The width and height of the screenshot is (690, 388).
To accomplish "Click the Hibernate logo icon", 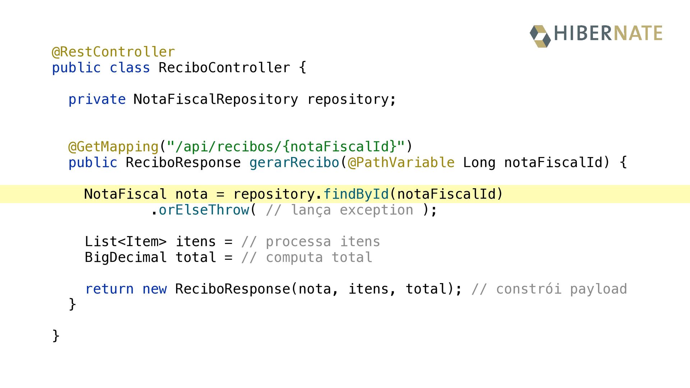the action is point(540,36).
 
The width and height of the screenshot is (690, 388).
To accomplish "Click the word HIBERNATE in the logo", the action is point(608,33).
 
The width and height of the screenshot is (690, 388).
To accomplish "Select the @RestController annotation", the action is point(113,52).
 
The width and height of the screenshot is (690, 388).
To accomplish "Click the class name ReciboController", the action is point(224,68).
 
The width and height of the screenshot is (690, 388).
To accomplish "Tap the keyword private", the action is point(97,100).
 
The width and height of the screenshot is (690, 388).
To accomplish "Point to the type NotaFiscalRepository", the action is point(216,100).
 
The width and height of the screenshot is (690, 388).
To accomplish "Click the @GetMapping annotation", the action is point(113,147).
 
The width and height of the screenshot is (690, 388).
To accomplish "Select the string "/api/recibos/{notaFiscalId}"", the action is point(286,147).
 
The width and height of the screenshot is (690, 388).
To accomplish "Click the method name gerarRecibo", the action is point(294,163).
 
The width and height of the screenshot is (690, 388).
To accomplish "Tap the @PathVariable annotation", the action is point(401,163).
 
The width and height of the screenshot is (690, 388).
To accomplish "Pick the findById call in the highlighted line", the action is point(356,194).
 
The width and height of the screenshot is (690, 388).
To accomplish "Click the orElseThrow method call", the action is point(204,210).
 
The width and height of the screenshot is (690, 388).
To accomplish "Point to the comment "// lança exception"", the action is point(340,210).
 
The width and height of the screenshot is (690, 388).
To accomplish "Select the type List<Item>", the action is point(126,241).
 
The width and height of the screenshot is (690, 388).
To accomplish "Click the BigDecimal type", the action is point(126,258).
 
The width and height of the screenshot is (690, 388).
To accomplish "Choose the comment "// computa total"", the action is point(307,258).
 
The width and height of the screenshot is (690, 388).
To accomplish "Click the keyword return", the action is point(109,289).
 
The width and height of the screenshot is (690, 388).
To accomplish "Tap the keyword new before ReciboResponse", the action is point(155,289).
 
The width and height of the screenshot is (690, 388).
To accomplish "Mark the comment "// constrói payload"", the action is point(549,289).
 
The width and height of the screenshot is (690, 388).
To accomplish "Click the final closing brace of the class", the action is point(56,336).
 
